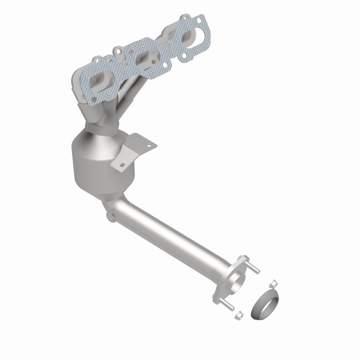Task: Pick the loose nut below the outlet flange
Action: click(x=239, y=315)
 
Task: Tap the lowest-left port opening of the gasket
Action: click(x=101, y=81)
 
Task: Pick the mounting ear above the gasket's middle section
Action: click(x=118, y=52)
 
